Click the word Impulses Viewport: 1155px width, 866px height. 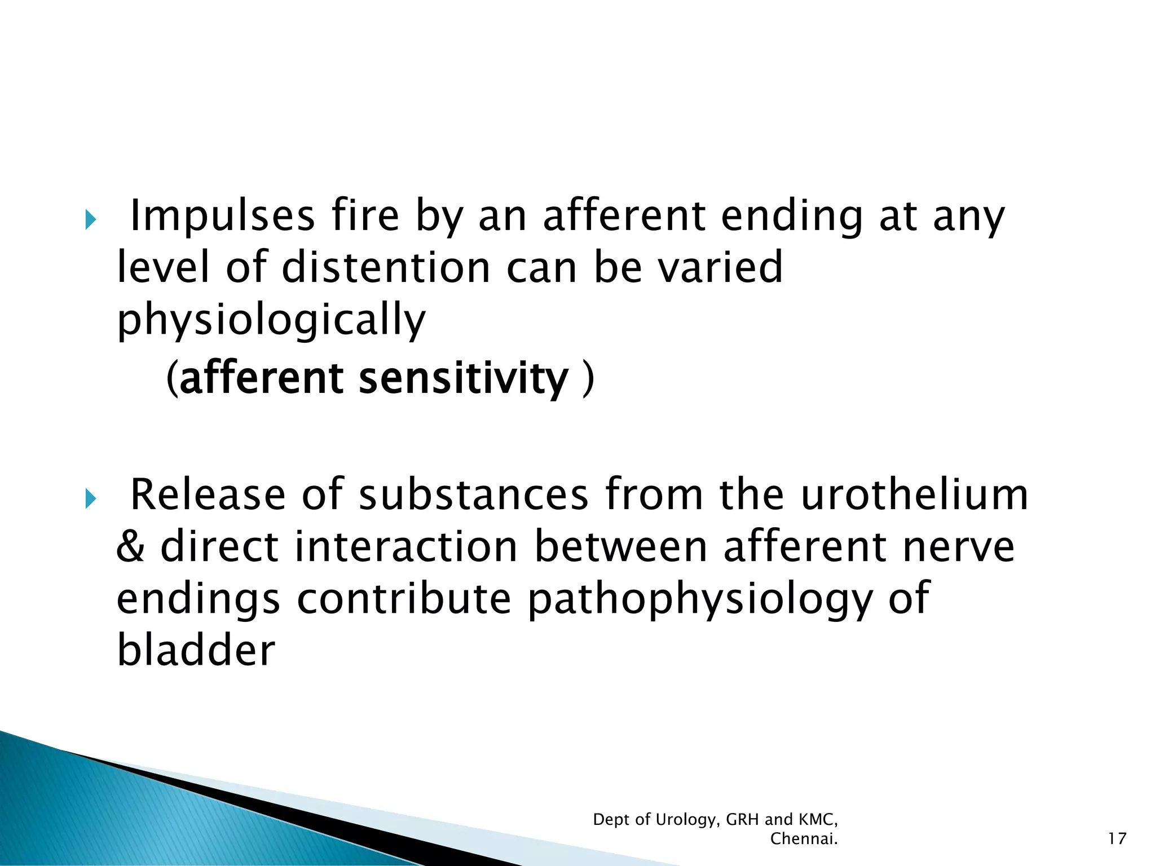click(222, 217)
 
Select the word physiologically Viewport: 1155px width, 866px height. click(271, 320)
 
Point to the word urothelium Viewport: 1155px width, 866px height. click(914, 495)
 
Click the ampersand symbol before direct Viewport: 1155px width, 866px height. click(130, 547)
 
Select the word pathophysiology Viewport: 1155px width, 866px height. click(700, 599)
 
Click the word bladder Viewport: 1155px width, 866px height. click(196, 650)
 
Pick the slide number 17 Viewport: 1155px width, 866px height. click(1117, 839)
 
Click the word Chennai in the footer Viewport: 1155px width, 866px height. click(803, 839)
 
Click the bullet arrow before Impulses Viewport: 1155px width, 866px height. click(90, 220)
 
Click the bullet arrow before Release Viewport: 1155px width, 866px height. click(90, 498)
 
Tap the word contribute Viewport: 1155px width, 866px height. click(403, 599)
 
